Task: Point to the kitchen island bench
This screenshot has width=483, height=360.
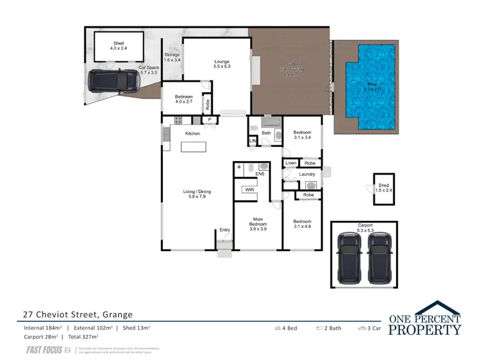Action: (196, 147)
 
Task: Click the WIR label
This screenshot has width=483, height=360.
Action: (248, 190)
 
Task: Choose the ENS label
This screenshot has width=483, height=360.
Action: (260, 174)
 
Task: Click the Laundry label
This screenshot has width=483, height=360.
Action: (307, 174)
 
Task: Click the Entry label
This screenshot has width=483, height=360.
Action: (224, 230)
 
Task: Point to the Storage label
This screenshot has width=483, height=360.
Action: (172, 58)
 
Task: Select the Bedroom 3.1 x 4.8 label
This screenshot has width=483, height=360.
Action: (302, 224)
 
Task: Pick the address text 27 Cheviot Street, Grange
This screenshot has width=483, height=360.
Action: (75, 315)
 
